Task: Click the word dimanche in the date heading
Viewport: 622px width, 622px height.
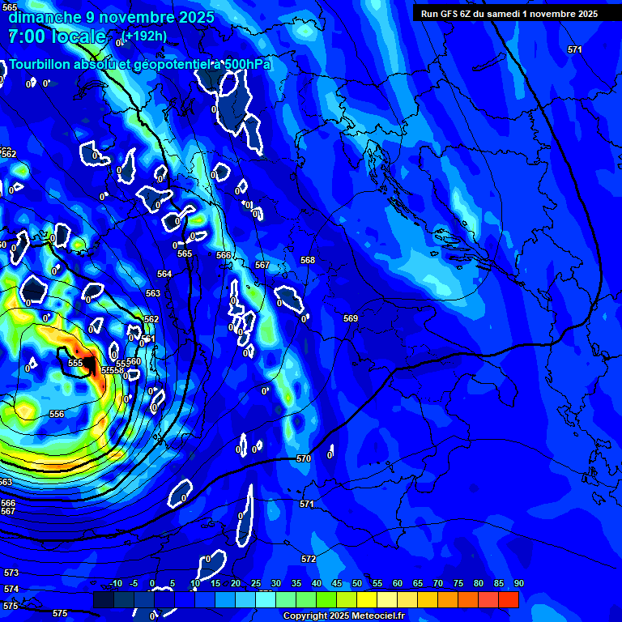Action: pyautogui.click(x=44, y=17)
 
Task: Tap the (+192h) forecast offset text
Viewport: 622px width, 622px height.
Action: pyautogui.click(x=146, y=36)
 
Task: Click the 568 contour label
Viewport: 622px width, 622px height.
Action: pyautogui.click(x=308, y=260)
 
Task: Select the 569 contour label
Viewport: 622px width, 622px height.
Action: pyautogui.click(x=350, y=318)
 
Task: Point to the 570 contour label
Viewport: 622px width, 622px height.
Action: pyautogui.click(x=304, y=458)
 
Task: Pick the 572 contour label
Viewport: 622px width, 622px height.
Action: pyautogui.click(x=308, y=559)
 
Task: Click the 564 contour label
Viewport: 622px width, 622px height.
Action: pyautogui.click(x=164, y=274)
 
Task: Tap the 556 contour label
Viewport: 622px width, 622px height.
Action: pyautogui.click(x=57, y=414)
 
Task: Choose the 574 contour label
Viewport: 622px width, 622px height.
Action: pyautogui.click(x=11, y=589)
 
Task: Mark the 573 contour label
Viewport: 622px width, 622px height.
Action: pyautogui.click(x=11, y=573)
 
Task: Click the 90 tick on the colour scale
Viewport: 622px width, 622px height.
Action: pyautogui.click(x=518, y=583)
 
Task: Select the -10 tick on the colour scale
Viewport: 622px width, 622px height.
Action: pyautogui.click(x=115, y=583)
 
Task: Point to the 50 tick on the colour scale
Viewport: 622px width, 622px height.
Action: pyautogui.click(x=357, y=583)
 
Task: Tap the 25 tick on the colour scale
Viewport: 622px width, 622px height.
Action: pyautogui.click(x=256, y=583)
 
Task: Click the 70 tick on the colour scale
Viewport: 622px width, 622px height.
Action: pyautogui.click(x=438, y=583)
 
